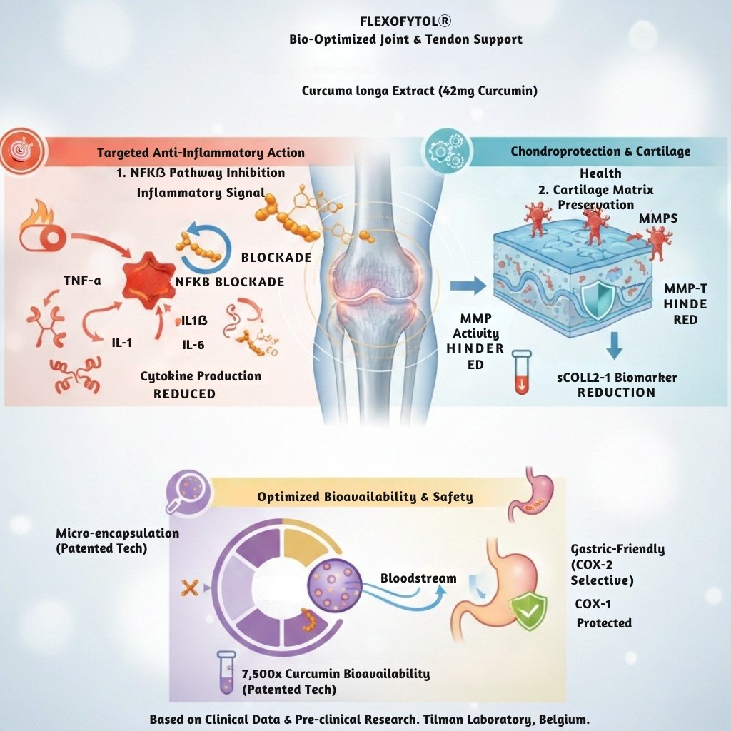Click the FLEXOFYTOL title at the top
(x=405, y=21)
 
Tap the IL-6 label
(x=193, y=346)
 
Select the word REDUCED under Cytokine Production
(x=185, y=393)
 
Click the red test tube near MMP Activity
(x=522, y=372)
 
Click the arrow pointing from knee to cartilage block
(x=468, y=286)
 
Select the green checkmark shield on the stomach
(x=528, y=612)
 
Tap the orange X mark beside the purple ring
(x=190, y=588)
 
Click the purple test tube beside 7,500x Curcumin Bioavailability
(x=226, y=675)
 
